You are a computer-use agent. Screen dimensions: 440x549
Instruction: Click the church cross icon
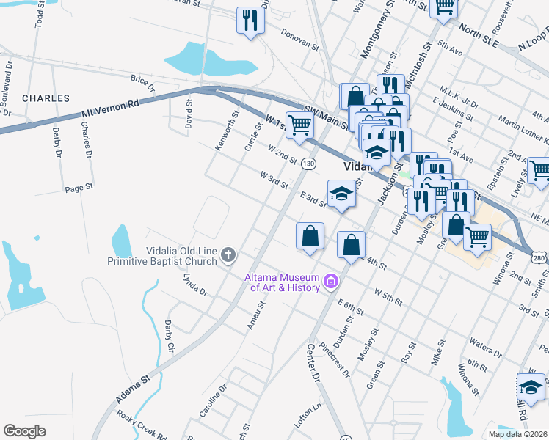point(228,255)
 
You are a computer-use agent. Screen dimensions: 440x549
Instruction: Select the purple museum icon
point(330,281)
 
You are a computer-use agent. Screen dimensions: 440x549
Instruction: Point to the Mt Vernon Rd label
point(109,111)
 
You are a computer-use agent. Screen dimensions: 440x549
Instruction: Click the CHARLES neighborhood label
point(46,98)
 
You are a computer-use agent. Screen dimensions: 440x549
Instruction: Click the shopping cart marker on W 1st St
point(299,125)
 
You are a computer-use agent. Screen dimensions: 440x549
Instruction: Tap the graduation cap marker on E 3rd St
point(341,195)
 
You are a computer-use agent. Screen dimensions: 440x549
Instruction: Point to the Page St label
point(79,188)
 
